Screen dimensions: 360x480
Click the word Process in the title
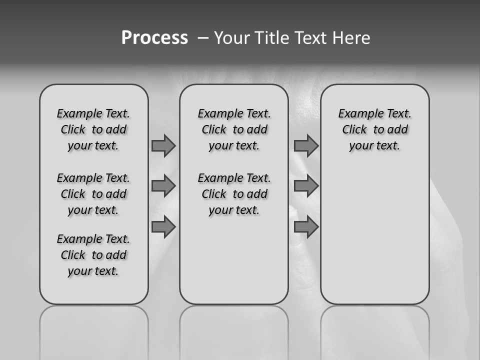tap(154, 37)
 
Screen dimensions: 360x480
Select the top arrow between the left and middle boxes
tap(163, 145)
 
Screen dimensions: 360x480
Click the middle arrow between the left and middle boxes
tap(163, 186)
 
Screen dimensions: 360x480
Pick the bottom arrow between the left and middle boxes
tap(163, 227)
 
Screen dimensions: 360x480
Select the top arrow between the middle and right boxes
tap(306, 145)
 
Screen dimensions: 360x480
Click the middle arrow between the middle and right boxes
tap(306, 186)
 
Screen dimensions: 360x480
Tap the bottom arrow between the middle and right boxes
tap(306, 227)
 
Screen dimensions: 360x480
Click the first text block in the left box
tap(93, 129)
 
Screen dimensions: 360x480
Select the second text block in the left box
tap(93, 194)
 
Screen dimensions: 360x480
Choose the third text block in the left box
tap(93, 255)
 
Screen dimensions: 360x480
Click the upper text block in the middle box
tap(234, 129)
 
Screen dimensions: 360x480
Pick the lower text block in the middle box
tap(234, 194)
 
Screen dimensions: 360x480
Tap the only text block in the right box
tap(374, 129)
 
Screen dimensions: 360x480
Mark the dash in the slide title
tap(202, 38)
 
